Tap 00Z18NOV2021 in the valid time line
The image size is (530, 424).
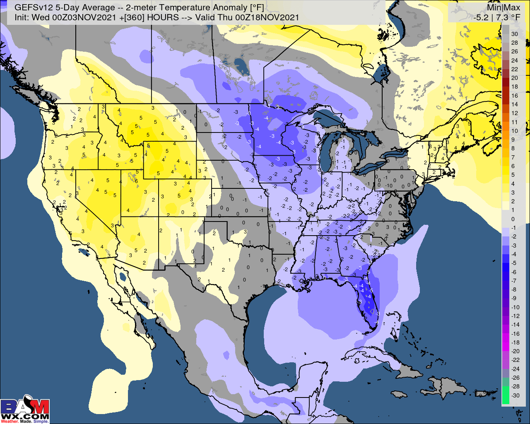coord(267,17)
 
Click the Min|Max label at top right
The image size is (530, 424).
coord(503,7)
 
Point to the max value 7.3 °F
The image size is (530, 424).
coord(509,17)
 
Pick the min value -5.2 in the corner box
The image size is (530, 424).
coord(482,17)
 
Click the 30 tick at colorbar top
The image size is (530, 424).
coord(514,34)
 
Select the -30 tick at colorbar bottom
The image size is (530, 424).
coord(515,395)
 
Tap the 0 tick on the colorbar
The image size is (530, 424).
coord(513,219)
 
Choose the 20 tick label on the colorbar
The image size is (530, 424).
coord(514,78)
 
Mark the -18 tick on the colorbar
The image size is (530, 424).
coord(515,342)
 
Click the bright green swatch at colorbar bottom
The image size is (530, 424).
coord(505,395)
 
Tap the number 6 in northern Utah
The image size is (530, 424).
coord(136,181)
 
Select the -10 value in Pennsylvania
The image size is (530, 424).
coord(389,185)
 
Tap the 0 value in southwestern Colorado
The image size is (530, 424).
coord(183,212)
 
